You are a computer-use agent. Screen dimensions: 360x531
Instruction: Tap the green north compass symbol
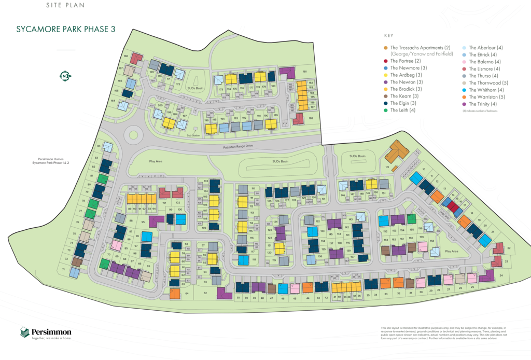(65, 76)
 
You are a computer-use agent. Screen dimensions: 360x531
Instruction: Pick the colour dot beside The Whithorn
(464, 90)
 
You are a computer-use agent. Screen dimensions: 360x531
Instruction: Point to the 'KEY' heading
(389, 36)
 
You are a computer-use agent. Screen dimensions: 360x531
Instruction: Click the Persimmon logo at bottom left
(46, 333)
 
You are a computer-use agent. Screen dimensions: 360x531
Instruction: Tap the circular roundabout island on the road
(133, 135)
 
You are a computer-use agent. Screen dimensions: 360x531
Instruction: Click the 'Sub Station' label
(193, 136)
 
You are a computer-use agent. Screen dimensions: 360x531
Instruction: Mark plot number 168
(125, 56)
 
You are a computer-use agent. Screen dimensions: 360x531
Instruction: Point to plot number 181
(305, 72)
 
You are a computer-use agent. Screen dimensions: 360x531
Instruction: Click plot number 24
(501, 275)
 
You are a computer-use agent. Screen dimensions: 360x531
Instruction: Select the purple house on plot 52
(223, 293)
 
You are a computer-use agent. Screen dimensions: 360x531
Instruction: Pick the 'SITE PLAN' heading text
(64, 5)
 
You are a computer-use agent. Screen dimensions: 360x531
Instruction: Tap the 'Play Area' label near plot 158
(452, 251)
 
